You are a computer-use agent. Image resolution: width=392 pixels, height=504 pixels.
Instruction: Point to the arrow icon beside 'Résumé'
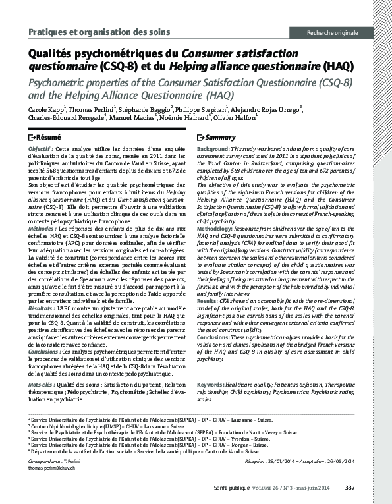[x=33, y=138]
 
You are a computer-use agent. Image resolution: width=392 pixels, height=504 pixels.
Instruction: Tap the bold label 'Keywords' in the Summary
[x=210, y=383]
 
